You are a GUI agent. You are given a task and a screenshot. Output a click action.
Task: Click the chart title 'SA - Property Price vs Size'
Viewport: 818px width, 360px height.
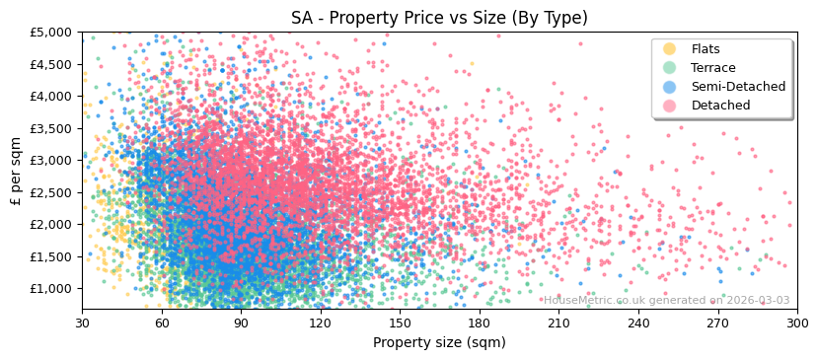coord(439,18)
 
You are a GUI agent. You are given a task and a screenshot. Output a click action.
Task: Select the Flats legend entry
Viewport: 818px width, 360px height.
coord(706,49)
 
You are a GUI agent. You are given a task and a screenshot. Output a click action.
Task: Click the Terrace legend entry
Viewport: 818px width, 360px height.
coord(712,68)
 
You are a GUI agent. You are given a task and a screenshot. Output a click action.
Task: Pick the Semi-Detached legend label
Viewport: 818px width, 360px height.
coord(738,87)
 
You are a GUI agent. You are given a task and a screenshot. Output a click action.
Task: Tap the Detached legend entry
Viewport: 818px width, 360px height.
coord(720,106)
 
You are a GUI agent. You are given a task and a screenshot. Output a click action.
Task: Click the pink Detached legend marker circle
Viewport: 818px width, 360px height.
coord(669,106)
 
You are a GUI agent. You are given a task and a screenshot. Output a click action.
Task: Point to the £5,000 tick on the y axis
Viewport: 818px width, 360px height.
coord(52,32)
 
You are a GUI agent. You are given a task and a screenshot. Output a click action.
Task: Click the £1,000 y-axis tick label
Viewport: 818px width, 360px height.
coord(52,288)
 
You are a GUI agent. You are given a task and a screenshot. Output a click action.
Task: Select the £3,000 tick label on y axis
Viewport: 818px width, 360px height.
coord(52,160)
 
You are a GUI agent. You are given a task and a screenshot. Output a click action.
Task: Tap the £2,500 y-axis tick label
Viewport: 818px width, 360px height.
coord(52,192)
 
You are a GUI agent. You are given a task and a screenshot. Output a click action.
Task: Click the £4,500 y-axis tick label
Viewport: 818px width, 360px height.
coord(52,64)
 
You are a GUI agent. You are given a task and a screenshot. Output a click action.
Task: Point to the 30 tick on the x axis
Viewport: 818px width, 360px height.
coord(82,323)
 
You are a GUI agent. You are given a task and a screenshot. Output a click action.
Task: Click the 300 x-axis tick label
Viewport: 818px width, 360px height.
coord(797,323)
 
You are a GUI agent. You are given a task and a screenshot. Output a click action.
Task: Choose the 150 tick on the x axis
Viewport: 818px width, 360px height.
coord(400,323)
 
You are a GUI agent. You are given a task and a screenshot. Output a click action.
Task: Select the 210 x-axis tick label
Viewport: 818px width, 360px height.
coord(558,323)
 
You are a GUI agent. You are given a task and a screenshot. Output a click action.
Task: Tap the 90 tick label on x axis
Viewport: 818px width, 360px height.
coord(241,323)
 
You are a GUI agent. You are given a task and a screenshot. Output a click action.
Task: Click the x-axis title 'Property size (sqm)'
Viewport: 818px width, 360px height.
coord(439,343)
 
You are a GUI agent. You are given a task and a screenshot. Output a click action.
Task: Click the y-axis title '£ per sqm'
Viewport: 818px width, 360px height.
coord(17,171)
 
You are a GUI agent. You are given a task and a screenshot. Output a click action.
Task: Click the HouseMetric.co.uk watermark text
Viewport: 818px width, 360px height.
coord(666,300)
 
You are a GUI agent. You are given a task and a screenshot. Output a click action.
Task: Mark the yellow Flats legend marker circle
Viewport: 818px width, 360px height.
coord(669,49)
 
